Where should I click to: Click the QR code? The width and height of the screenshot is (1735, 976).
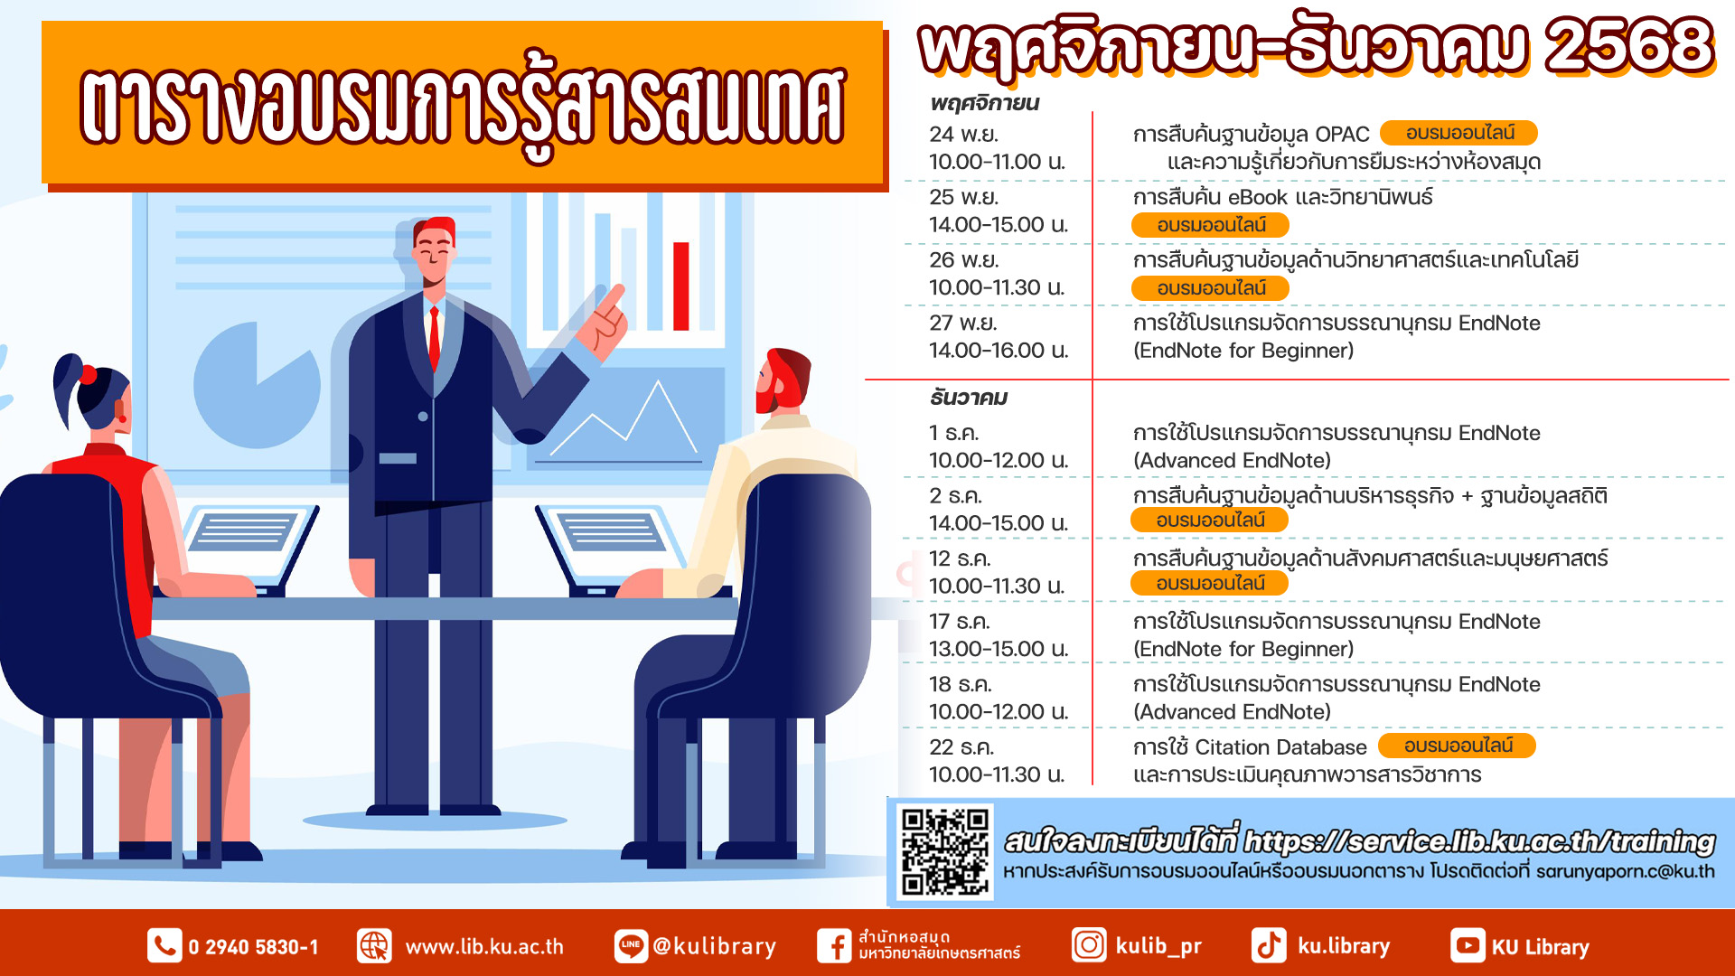point(945,851)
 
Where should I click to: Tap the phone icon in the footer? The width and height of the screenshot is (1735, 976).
point(164,946)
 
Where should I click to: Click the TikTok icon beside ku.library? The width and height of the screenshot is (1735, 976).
point(1269,946)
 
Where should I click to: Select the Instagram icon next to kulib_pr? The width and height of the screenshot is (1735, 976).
point(1089,945)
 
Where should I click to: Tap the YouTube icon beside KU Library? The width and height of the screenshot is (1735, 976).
point(1468,946)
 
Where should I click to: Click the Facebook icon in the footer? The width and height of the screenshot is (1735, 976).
point(834,946)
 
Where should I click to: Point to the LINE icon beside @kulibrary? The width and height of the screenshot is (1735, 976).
point(631,946)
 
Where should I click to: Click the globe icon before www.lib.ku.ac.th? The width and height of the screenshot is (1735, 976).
point(374,946)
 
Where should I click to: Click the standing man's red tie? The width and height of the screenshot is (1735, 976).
point(435,338)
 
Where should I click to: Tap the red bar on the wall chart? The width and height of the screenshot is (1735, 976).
point(681,286)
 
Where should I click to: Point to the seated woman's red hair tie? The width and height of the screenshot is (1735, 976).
point(89,374)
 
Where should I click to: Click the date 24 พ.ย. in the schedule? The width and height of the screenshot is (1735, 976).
point(964,135)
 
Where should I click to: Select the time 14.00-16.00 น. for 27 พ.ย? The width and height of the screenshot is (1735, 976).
point(999,351)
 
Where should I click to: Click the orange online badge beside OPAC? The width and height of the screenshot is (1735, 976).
point(1458,133)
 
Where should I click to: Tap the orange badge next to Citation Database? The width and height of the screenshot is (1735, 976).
point(1457,746)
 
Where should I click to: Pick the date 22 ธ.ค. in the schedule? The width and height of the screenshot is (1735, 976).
point(961,748)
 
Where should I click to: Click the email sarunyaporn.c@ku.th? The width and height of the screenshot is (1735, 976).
point(1625,872)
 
